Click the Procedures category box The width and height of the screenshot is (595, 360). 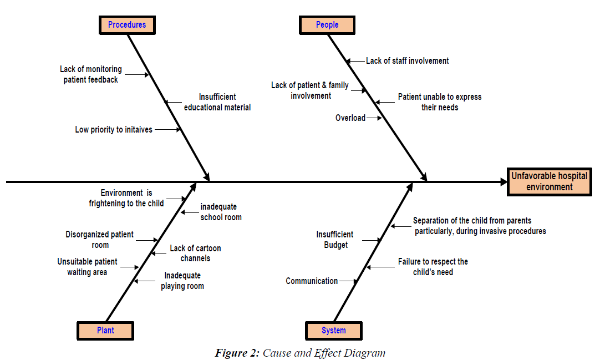pyautogui.click(x=127, y=25)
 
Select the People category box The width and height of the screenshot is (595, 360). pyautogui.click(x=327, y=25)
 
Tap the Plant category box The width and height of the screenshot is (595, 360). pyautogui.click(x=105, y=331)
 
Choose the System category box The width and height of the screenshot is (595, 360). pyautogui.click(x=334, y=331)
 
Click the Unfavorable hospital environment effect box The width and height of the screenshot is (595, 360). pyautogui.click(x=549, y=181)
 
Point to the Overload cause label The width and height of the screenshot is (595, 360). pyautogui.click(x=350, y=118)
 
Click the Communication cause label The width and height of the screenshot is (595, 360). pyautogui.click(x=312, y=281)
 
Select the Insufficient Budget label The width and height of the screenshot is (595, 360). pyautogui.click(x=335, y=240)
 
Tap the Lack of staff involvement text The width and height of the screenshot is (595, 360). pyautogui.click(x=408, y=60)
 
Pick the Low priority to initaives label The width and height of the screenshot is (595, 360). pyautogui.click(x=114, y=130)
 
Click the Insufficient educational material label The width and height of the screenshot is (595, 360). pyautogui.click(x=217, y=102)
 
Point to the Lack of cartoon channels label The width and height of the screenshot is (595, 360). pyautogui.click(x=195, y=253)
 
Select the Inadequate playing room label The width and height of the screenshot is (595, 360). pyautogui.click(x=182, y=281)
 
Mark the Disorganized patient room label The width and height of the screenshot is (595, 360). pyautogui.click(x=100, y=240)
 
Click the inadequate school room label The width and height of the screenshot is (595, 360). pyautogui.click(x=221, y=212)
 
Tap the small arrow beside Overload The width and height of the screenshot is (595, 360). pyautogui.click(x=374, y=118)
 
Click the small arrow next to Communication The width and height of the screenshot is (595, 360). pyautogui.click(x=348, y=281)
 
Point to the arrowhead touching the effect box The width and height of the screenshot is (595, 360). pyautogui.click(x=502, y=181)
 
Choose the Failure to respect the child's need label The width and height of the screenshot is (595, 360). pyautogui.click(x=433, y=267)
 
